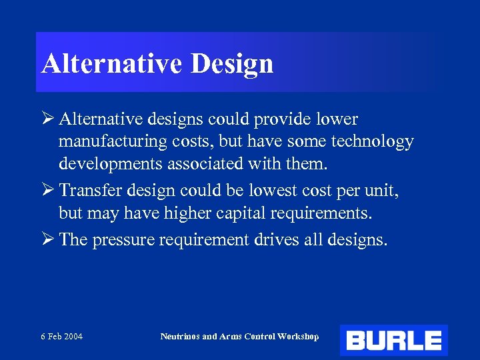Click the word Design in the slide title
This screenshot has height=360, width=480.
(x=232, y=64)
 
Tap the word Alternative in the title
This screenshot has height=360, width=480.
(x=112, y=64)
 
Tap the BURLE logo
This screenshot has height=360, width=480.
(x=393, y=341)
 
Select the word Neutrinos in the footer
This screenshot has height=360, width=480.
(x=179, y=337)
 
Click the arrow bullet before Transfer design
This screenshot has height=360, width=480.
(x=47, y=191)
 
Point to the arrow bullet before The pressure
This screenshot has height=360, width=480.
(x=47, y=239)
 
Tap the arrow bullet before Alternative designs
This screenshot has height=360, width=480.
(x=47, y=119)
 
